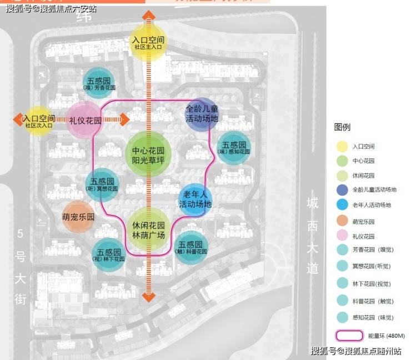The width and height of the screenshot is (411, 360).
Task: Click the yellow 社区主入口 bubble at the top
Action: coord(148,41)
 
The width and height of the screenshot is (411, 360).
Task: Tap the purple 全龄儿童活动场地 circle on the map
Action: coord(202,113)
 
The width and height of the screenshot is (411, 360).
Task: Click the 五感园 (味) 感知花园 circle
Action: coord(234,147)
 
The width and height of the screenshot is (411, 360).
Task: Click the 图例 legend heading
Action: coord(342,127)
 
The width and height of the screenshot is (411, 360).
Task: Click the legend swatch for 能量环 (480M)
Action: coord(349,336)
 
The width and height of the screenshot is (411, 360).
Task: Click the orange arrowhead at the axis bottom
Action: coord(148,297)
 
